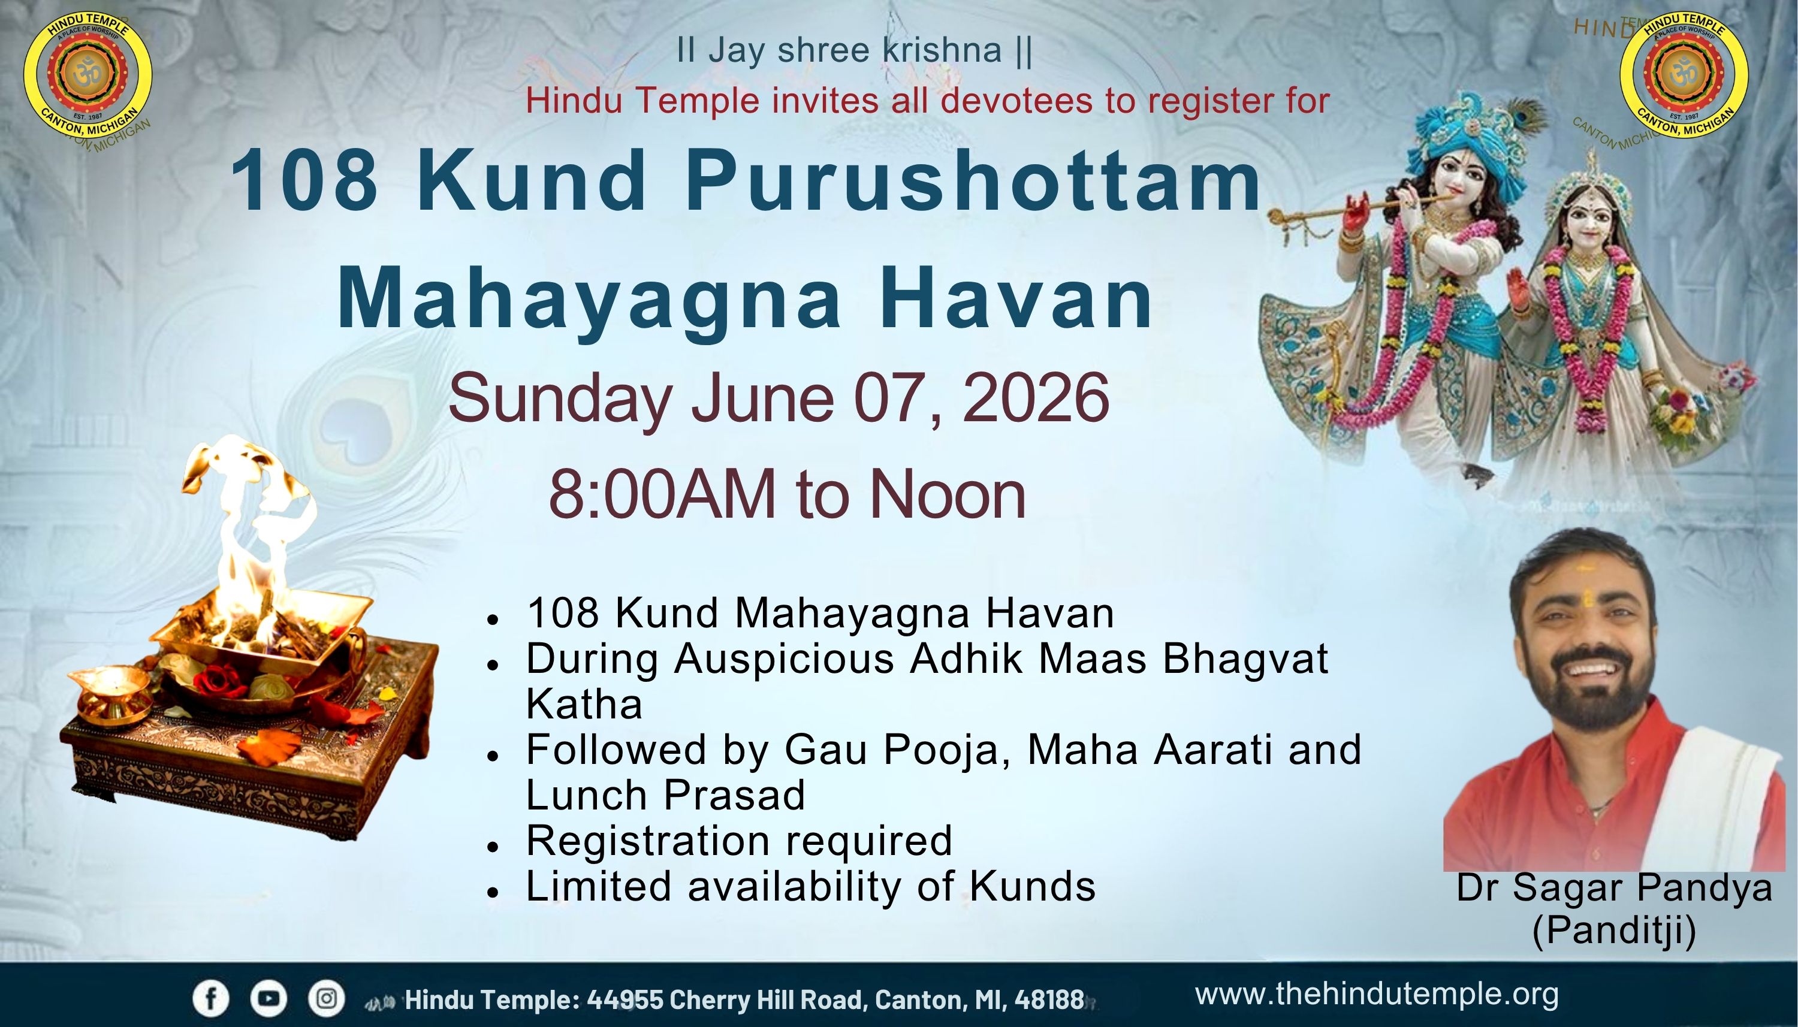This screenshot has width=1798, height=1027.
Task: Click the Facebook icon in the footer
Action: [212, 999]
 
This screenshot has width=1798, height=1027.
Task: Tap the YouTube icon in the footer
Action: [269, 999]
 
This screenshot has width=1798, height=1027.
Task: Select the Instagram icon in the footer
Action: [327, 999]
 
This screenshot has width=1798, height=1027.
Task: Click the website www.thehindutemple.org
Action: [1376, 995]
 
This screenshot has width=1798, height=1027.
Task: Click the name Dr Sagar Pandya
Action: [1614, 888]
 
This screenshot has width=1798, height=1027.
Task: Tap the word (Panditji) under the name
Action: [1614, 931]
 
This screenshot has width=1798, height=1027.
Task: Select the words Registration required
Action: [739, 841]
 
